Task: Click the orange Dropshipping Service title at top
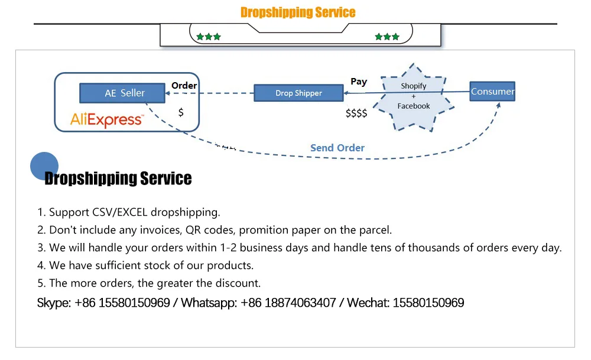298,12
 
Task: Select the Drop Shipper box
298,93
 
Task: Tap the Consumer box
492,91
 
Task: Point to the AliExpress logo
106,120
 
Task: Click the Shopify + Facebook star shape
414,96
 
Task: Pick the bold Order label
184,86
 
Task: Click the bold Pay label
359,82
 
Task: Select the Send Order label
337,148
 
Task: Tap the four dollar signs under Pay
356,113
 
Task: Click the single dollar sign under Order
181,112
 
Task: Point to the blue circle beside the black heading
44,166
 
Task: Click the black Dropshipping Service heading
118,179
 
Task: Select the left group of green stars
209,37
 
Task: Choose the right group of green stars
387,37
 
